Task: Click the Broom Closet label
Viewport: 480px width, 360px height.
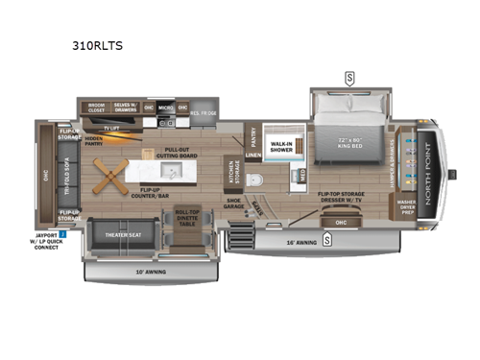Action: [x=96, y=108]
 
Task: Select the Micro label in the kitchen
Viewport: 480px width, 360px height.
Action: [x=165, y=108]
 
